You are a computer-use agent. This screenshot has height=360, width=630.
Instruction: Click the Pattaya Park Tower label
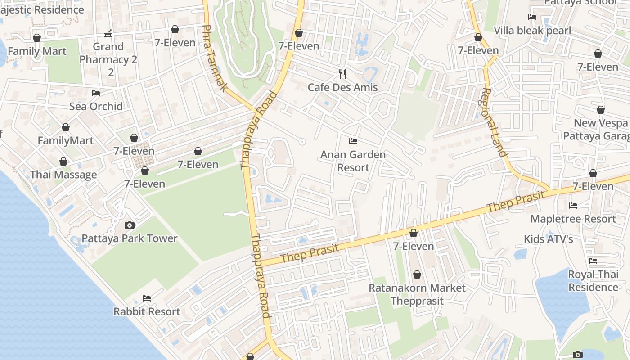[x=130, y=238]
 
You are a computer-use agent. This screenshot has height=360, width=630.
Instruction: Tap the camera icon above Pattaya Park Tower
[x=130, y=225]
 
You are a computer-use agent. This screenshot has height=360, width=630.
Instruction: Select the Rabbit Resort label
[x=147, y=311]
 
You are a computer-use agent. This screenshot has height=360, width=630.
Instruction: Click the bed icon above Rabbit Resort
[x=147, y=298]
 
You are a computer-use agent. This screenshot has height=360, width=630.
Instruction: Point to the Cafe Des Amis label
[x=343, y=87]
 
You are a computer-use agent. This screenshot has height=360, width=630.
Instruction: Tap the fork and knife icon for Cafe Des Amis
[x=343, y=74]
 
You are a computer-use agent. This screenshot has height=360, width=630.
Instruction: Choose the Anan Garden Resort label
[x=353, y=161]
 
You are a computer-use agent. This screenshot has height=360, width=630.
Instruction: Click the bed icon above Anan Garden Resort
[x=353, y=141]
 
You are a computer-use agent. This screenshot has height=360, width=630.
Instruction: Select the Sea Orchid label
[x=96, y=106]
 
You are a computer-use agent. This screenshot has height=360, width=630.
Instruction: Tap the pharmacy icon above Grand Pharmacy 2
[x=108, y=34]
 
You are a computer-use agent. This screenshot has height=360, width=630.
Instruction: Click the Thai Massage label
[x=63, y=175]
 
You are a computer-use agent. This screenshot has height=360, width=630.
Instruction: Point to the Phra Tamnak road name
[x=214, y=58]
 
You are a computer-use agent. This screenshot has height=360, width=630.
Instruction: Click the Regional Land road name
[x=494, y=122]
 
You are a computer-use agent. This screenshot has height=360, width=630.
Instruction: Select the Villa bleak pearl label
[x=532, y=31]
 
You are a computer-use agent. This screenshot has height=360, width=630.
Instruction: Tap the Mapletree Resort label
[x=573, y=219]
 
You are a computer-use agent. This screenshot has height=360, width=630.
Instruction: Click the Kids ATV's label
[x=549, y=239]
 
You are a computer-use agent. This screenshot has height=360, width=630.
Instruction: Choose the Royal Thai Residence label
[x=593, y=281]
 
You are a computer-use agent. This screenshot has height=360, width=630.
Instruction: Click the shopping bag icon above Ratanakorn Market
[x=417, y=274]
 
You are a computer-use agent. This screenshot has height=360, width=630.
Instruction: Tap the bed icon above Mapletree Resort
[x=573, y=206]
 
